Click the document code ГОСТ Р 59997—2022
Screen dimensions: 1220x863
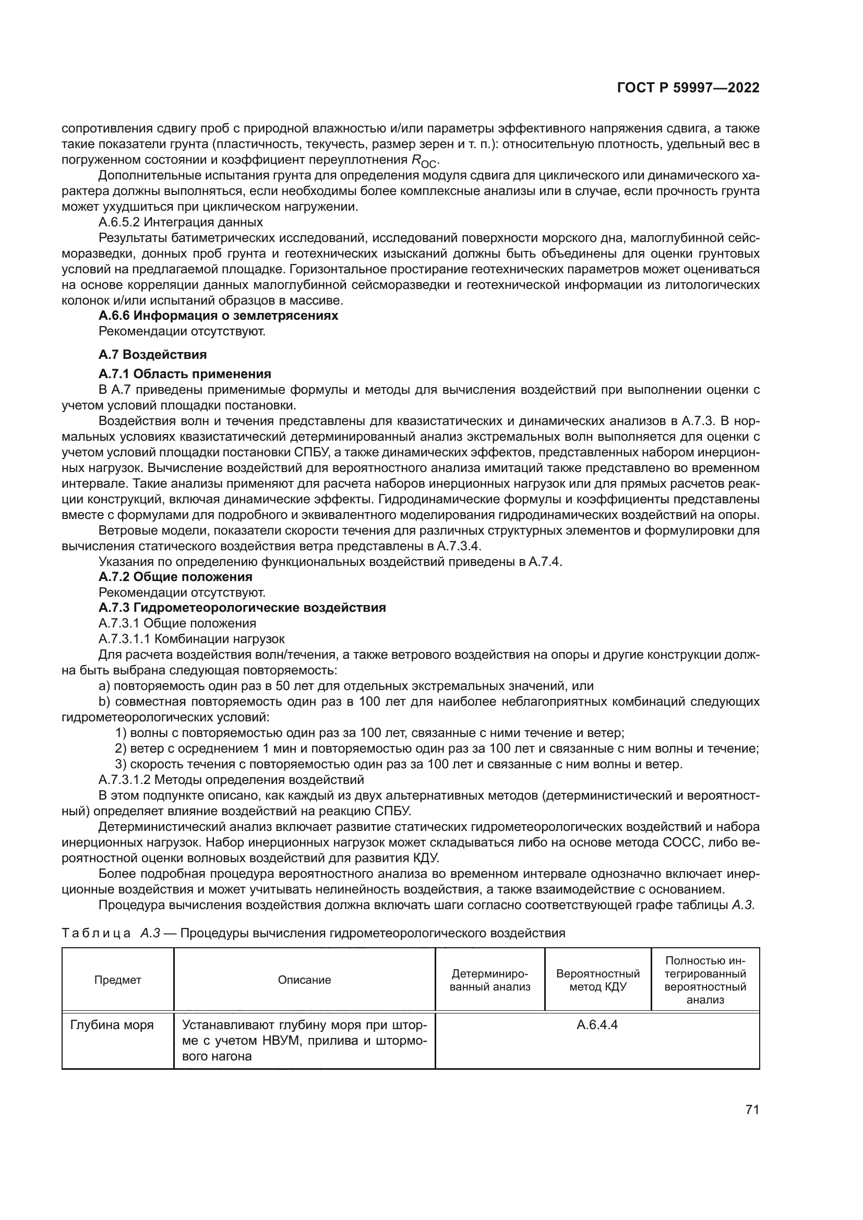click(688, 88)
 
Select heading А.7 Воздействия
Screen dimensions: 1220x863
click(152, 354)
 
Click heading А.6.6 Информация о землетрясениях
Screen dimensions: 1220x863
click(219, 316)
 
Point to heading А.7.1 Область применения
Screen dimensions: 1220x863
click(185, 373)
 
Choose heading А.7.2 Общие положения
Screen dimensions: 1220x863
click(175, 576)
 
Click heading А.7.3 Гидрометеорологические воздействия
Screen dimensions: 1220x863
click(242, 607)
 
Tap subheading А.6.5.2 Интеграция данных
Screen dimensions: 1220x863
click(181, 222)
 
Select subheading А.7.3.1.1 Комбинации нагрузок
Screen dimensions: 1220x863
click(192, 639)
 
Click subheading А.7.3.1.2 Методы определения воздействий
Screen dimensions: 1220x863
click(231, 779)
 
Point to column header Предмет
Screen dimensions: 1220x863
click(118, 981)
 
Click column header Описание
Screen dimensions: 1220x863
click(305, 981)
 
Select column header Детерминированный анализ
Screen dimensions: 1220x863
click(490, 981)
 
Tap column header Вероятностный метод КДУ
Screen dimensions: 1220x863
click(598, 981)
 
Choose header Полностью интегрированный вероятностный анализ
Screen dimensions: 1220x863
click(705, 981)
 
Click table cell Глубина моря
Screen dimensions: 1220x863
click(112, 1025)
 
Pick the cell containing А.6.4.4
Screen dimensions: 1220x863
click(597, 1025)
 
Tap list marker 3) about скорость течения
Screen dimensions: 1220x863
click(120, 764)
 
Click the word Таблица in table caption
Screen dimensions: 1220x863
click(96, 933)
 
